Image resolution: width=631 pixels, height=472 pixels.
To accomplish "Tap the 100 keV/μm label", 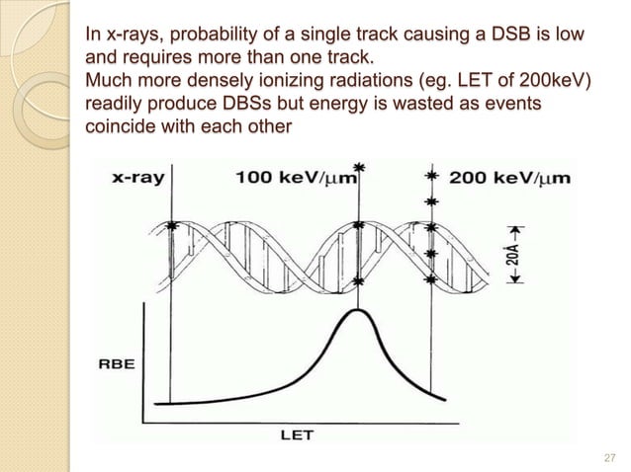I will pos(295,179).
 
